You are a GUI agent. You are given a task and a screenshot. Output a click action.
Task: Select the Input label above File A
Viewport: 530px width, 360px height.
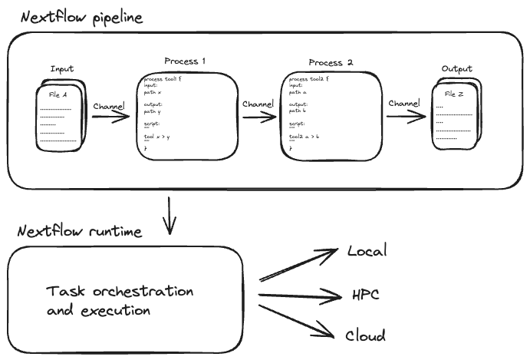coord(62,69)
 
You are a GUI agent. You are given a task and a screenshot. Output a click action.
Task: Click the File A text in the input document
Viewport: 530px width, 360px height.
coord(58,94)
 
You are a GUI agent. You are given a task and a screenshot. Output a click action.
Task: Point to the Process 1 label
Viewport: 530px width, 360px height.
coord(185,61)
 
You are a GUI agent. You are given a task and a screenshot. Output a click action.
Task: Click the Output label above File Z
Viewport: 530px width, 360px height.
coord(456,70)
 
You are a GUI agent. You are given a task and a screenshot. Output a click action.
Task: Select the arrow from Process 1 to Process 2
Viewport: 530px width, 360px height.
coord(259,117)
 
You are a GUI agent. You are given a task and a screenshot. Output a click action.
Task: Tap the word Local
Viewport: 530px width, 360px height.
coord(367,252)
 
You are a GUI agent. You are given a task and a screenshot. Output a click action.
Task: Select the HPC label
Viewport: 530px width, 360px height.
coord(365,294)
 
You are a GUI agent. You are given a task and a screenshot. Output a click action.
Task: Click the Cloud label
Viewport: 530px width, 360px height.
coord(365,335)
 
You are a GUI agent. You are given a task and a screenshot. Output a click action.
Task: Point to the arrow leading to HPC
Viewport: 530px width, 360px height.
coord(299,293)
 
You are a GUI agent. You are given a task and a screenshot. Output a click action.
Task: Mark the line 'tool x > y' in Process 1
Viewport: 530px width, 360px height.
coord(156,137)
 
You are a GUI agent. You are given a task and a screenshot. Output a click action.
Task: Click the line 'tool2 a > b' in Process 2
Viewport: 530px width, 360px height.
coord(304,137)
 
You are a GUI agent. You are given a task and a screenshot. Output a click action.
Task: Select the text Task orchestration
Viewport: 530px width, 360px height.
coord(120,292)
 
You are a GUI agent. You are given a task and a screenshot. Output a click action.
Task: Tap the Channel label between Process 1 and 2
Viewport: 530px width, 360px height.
coord(258,104)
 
